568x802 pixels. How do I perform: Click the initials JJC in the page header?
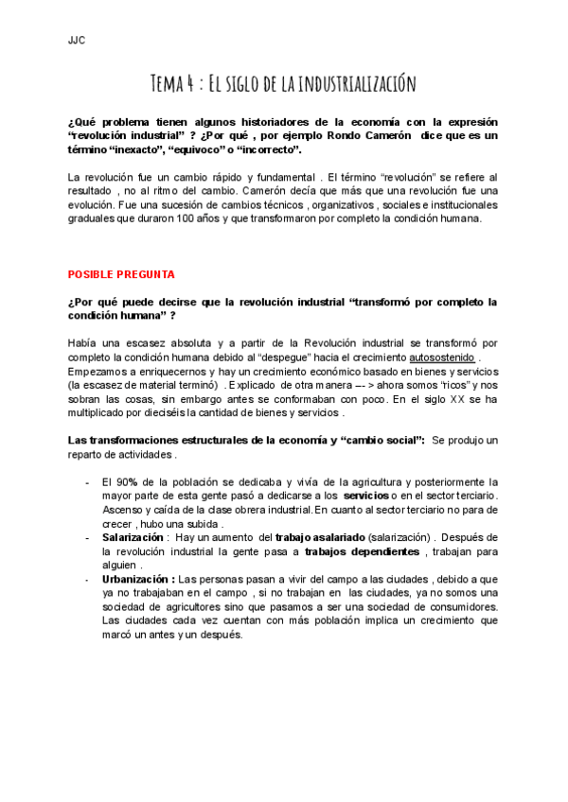click(77, 40)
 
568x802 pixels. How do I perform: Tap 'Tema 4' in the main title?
click(176, 84)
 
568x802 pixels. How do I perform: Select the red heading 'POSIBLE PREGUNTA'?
click(121, 274)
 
